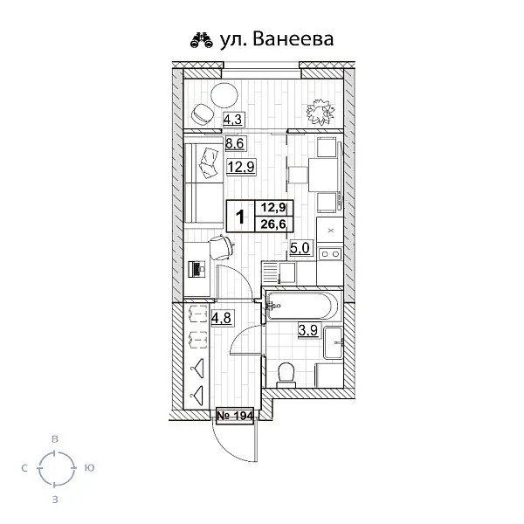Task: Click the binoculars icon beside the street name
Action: coord(202,40)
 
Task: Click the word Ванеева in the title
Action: coord(293,39)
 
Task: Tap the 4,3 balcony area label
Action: coord(232,119)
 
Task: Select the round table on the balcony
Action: coord(224,95)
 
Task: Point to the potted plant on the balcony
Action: coord(321,112)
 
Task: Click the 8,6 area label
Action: coord(235,144)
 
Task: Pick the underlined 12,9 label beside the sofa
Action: coord(241,167)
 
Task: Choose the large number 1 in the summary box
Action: coord(240,217)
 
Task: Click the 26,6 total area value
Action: coord(273,224)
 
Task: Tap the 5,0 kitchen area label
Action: coord(300,248)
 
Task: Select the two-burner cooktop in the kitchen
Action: coord(330,254)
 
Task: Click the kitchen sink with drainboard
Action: coord(279,272)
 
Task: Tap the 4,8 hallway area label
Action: coord(221,317)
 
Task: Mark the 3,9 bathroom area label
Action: coord(307,330)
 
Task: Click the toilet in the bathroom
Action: coord(286,376)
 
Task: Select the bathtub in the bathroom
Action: coord(302,306)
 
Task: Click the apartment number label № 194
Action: coord(235,416)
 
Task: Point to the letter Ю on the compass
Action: coord(89,468)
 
